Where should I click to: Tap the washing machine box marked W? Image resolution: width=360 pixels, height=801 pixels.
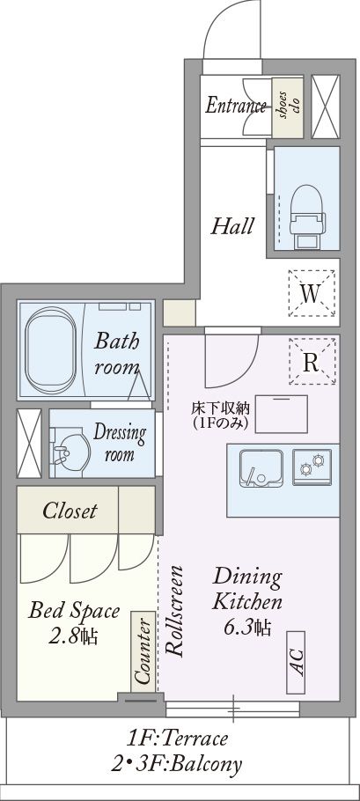(312, 294)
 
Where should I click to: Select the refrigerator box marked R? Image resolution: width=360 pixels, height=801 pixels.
(312, 362)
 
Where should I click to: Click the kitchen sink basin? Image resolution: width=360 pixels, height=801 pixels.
(261, 467)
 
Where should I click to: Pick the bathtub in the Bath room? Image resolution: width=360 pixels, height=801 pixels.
(50, 350)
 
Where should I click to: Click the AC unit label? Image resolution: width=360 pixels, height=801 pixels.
(296, 662)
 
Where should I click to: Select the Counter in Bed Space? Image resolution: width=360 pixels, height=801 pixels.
(143, 652)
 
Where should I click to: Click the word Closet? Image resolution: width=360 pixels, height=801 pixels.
(70, 511)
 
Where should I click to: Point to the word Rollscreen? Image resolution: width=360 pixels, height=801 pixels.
(174, 611)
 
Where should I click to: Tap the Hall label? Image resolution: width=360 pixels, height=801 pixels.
(232, 226)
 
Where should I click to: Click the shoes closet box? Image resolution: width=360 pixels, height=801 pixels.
(288, 107)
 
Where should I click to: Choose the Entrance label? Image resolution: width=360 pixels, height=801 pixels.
(236, 106)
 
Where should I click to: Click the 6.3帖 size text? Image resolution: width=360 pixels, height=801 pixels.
(247, 627)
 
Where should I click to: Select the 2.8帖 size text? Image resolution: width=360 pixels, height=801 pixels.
(74, 636)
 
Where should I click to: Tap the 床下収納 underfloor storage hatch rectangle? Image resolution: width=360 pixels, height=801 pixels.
(281, 414)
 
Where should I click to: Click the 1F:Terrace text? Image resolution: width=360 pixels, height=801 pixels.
(177, 739)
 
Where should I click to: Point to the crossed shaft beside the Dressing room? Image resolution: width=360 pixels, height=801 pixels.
(29, 444)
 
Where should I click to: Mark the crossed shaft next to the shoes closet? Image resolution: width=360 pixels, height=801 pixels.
(326, 107)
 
